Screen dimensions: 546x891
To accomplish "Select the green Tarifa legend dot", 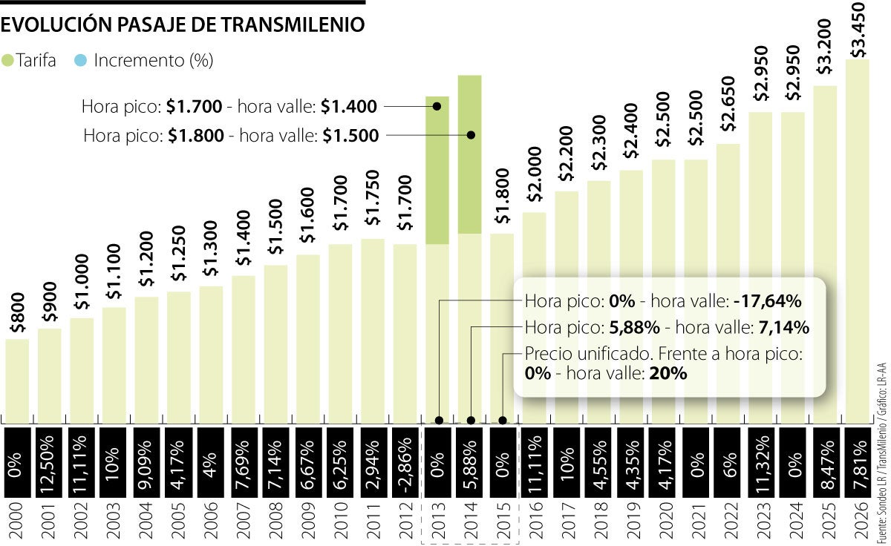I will pos(8,61).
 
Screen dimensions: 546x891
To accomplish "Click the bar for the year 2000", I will pos(17,378).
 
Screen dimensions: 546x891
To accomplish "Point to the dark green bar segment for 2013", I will pos(437,170).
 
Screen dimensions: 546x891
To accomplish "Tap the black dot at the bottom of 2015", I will pos(503,421).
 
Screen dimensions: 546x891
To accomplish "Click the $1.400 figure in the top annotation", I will pos(349,107).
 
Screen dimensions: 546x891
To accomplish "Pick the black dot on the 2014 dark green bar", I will pos(470,135).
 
